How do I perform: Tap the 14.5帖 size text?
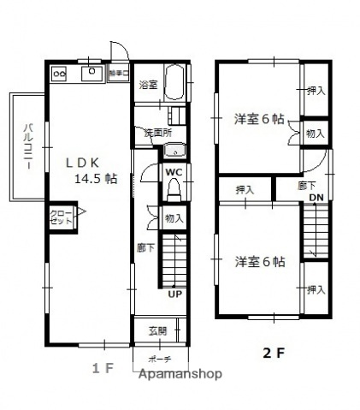(98, 179)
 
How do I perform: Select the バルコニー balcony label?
(27, 147)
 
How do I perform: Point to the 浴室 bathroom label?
(148, 84)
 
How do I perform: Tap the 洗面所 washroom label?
(157, 133)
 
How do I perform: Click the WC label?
(174, 172)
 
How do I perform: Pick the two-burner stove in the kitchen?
(60, 74)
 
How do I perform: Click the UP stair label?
(174, 295)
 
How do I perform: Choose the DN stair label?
(316, 199)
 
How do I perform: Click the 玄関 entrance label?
(170, 332)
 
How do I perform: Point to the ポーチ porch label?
(159, 359)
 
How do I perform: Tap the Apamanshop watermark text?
(180, 374)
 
